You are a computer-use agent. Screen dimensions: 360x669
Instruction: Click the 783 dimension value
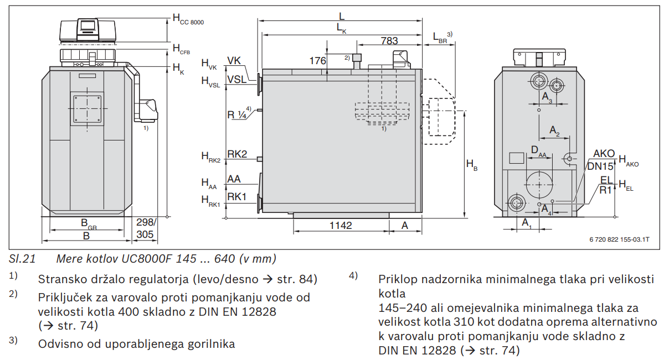pos(389,40)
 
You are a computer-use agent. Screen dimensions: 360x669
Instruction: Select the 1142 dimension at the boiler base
pos(341,225)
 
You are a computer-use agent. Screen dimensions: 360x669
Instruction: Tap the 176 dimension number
pos(317,61)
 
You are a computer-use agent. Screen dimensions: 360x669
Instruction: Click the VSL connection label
pos(237,80)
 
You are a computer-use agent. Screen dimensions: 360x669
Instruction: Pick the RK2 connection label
pos(237,154)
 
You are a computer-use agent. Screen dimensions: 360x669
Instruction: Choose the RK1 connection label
pos(237,196)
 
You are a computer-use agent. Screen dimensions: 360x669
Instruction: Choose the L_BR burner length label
pos(441,37)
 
